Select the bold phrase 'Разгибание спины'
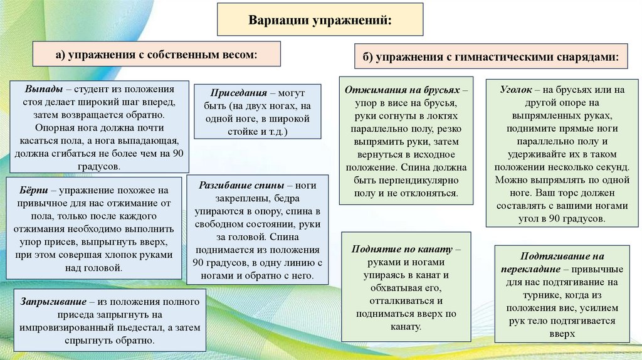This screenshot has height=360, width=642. (x=241, y=186)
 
